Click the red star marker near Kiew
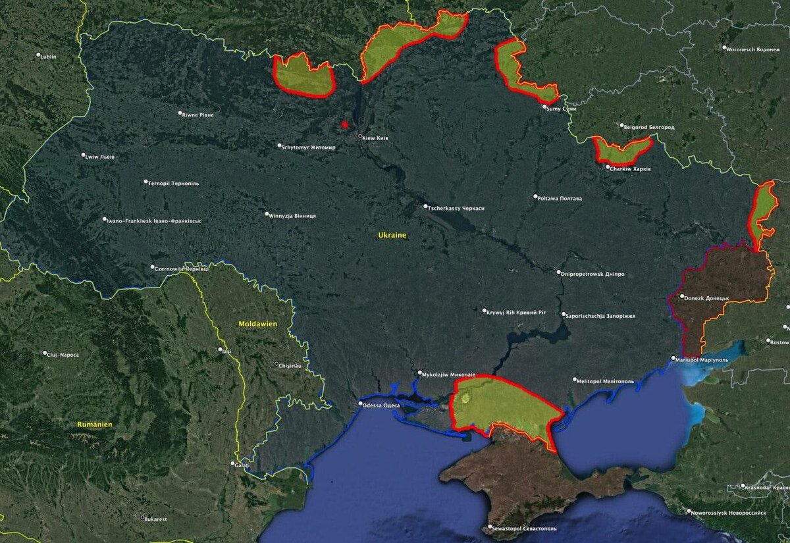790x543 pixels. click(344, 124)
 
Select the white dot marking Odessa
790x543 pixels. click(360, 403)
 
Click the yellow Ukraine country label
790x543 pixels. click(392, 235)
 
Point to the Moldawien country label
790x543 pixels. click(258, 324)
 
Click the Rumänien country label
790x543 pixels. click(94, 425)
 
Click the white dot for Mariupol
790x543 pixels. click(673, 359)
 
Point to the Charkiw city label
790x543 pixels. click(630, 169)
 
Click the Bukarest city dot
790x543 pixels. click(142, 517)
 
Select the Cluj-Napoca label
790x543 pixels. click(63, 355)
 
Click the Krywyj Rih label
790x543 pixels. click(516, 313)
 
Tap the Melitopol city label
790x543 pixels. click(605, 381)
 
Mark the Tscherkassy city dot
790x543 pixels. click(425, 207)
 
